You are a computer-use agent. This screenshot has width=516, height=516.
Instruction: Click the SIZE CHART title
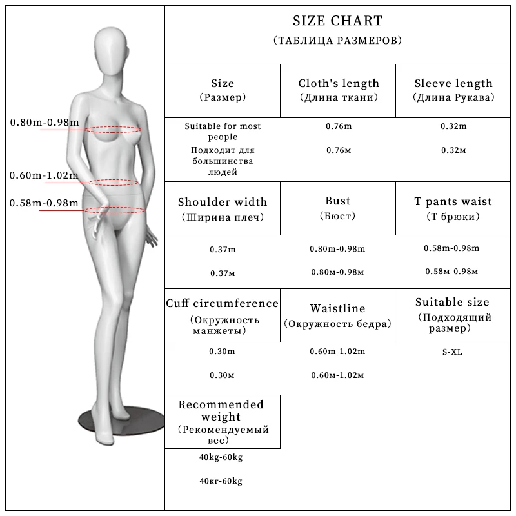coord(337,21)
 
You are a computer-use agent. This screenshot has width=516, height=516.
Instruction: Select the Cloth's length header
coord(339,83)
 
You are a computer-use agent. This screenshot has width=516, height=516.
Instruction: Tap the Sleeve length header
coord(453,83)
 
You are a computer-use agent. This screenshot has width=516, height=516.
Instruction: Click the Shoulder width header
coord(223,202)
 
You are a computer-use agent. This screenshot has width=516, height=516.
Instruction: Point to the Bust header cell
coord(337,202)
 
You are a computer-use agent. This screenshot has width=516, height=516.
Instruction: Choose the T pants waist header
coord(453,202)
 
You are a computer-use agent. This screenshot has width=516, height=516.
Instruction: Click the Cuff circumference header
coord(223,303)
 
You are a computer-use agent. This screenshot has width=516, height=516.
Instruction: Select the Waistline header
coord(337,308)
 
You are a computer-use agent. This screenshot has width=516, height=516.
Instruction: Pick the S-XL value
coord(452,352)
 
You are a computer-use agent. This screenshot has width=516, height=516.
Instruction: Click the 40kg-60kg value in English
coord(221,458)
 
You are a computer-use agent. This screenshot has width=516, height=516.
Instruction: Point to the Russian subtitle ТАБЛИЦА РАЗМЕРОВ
coord(337,41)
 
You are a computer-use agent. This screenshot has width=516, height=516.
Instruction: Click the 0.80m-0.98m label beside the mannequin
coord(45,123)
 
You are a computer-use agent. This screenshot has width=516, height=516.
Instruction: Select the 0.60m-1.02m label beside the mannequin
coord(44,175)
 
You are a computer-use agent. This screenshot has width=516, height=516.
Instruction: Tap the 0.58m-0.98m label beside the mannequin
coord(44,203)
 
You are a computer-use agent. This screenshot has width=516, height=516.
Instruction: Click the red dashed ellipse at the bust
coord(115,128)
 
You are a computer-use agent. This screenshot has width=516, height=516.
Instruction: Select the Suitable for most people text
coord(223,132)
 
